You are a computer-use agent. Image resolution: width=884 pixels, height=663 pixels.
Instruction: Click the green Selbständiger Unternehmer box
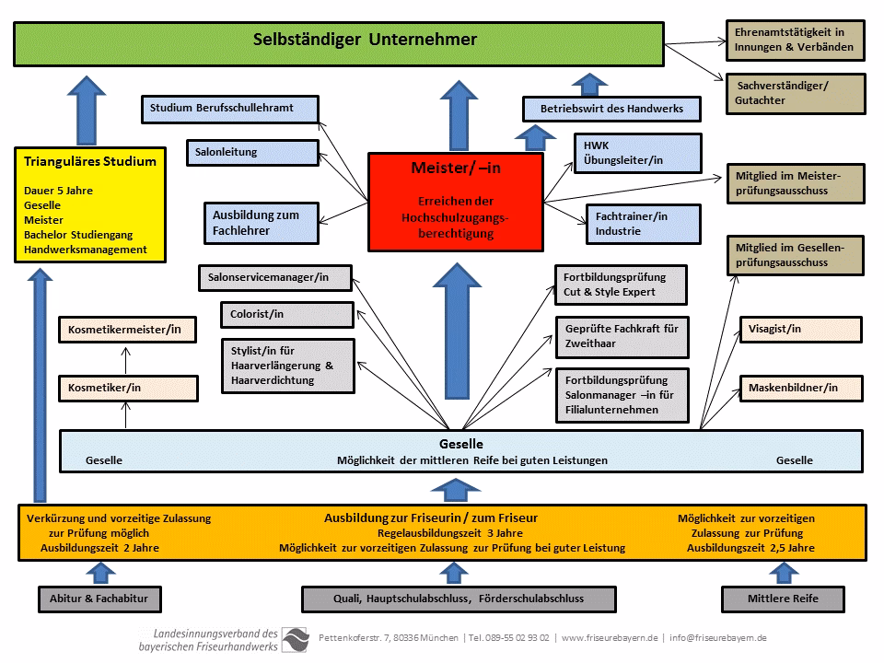[x=338, y=42]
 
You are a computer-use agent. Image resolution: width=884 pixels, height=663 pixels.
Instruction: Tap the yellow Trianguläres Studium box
[x=90, y=204]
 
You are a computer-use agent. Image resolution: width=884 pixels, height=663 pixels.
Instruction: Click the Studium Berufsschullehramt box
[x=231, y=109]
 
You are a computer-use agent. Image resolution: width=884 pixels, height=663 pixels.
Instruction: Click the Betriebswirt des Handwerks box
[x=611, y=109]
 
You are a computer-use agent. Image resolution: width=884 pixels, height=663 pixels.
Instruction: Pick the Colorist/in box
[x=286, y=315]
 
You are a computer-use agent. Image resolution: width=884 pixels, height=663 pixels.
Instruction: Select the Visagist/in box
[x=800, y=330]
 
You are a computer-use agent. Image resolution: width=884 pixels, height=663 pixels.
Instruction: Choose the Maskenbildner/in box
[x=800, y=388]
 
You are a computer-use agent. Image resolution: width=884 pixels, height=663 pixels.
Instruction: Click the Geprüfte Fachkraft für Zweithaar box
[x=622, y=336]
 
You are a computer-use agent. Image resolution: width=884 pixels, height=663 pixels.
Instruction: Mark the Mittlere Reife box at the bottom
[x=783, y=599]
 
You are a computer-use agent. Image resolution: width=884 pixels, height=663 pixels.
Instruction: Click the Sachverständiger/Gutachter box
[x=795, y=93]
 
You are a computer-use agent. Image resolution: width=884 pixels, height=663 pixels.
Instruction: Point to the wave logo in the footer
[x=296, y=638]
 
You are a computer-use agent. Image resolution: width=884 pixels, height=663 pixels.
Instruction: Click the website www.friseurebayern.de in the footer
[x=610, y=638]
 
